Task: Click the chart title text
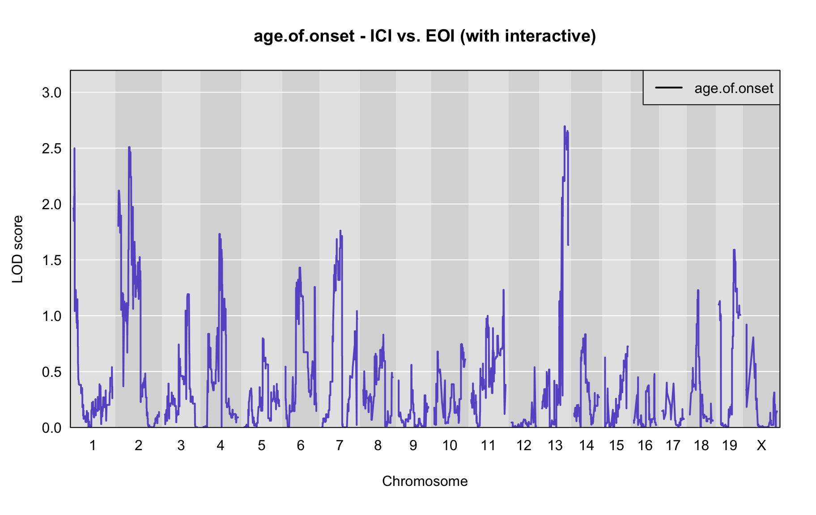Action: click(425, 36)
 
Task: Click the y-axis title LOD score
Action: click(18, 249)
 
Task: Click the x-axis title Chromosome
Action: click(425, 481)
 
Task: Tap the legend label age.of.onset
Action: click(734, 88)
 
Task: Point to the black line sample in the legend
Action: click(669, 88)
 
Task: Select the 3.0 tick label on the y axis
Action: click(51, 93)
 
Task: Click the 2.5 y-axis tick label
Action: click(51, 148)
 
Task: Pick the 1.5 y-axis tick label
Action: click(51, 260)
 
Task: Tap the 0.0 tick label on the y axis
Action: click(51, 428)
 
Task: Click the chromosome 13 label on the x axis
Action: click(555, 445)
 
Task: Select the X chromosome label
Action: click(761, 445)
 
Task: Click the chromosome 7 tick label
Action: click(340, 445)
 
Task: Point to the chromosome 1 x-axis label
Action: click(93, 445)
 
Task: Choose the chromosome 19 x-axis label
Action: click(729, 445)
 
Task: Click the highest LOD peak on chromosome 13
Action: click(565, 127)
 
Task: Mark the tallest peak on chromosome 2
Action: click(129, 147)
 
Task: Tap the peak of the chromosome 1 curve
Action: click(74, 148)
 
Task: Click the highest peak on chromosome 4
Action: click(219, 234)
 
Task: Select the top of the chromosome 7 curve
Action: click(340, 231)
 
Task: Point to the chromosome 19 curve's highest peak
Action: click(734, 250)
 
